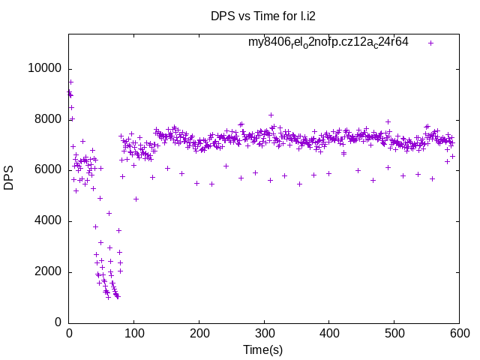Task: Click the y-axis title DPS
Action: coord(9,178)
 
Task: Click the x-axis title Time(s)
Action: coord(262,349)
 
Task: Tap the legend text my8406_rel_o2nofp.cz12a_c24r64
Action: coord(328,43)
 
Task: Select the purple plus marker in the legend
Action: coord(431,43)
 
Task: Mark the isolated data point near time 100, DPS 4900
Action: coord(136,199)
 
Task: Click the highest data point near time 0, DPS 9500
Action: coord(70,82)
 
